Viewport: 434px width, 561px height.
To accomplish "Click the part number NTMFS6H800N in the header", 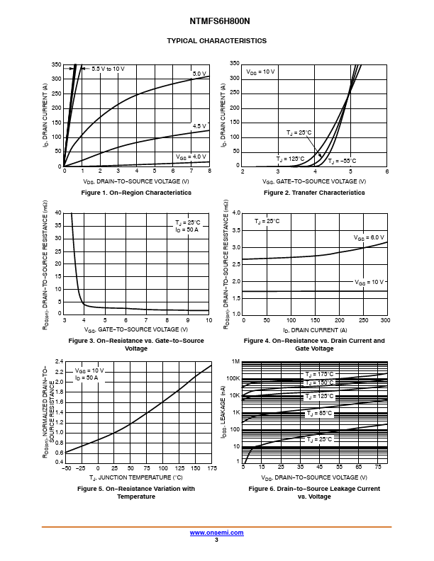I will (216, 22).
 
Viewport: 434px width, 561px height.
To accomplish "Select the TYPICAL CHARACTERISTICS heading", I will (216, 41).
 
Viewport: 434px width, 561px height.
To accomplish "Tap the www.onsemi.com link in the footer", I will (216, 533).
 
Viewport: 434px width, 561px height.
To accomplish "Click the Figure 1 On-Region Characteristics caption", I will (136, 193).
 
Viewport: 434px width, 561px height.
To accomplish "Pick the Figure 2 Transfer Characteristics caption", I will (314, 193).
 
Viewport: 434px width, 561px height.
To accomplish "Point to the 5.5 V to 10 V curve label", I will (108, 69).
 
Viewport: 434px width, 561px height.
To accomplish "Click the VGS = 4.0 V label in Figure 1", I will (191, 157).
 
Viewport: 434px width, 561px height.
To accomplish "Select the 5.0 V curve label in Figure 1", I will (199, 74).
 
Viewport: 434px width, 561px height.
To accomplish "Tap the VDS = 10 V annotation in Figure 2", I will (260, 72).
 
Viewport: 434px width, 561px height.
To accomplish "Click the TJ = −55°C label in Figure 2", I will (341, 161).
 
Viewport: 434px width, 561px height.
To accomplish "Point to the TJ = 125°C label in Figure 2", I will (290, 159).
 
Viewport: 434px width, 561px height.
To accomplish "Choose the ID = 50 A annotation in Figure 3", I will (187, 230).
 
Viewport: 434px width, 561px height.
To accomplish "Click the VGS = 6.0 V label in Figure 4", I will (369, 237).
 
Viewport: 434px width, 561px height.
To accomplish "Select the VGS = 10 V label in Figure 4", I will (369, 282).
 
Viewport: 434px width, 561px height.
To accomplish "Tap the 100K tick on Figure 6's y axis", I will (233, 378).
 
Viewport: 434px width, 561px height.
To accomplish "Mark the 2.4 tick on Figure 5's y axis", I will (60, 361).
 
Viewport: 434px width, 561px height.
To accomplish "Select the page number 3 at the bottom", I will (216, 540).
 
